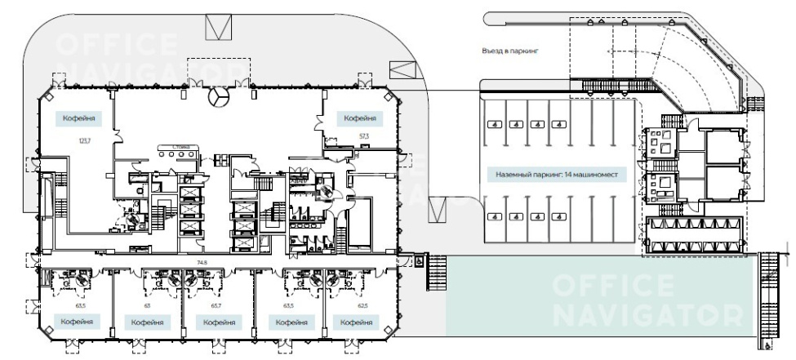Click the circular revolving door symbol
217,98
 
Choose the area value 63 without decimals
147,304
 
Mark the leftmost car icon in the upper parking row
494,125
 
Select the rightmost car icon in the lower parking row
558,218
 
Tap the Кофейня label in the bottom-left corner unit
76,322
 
